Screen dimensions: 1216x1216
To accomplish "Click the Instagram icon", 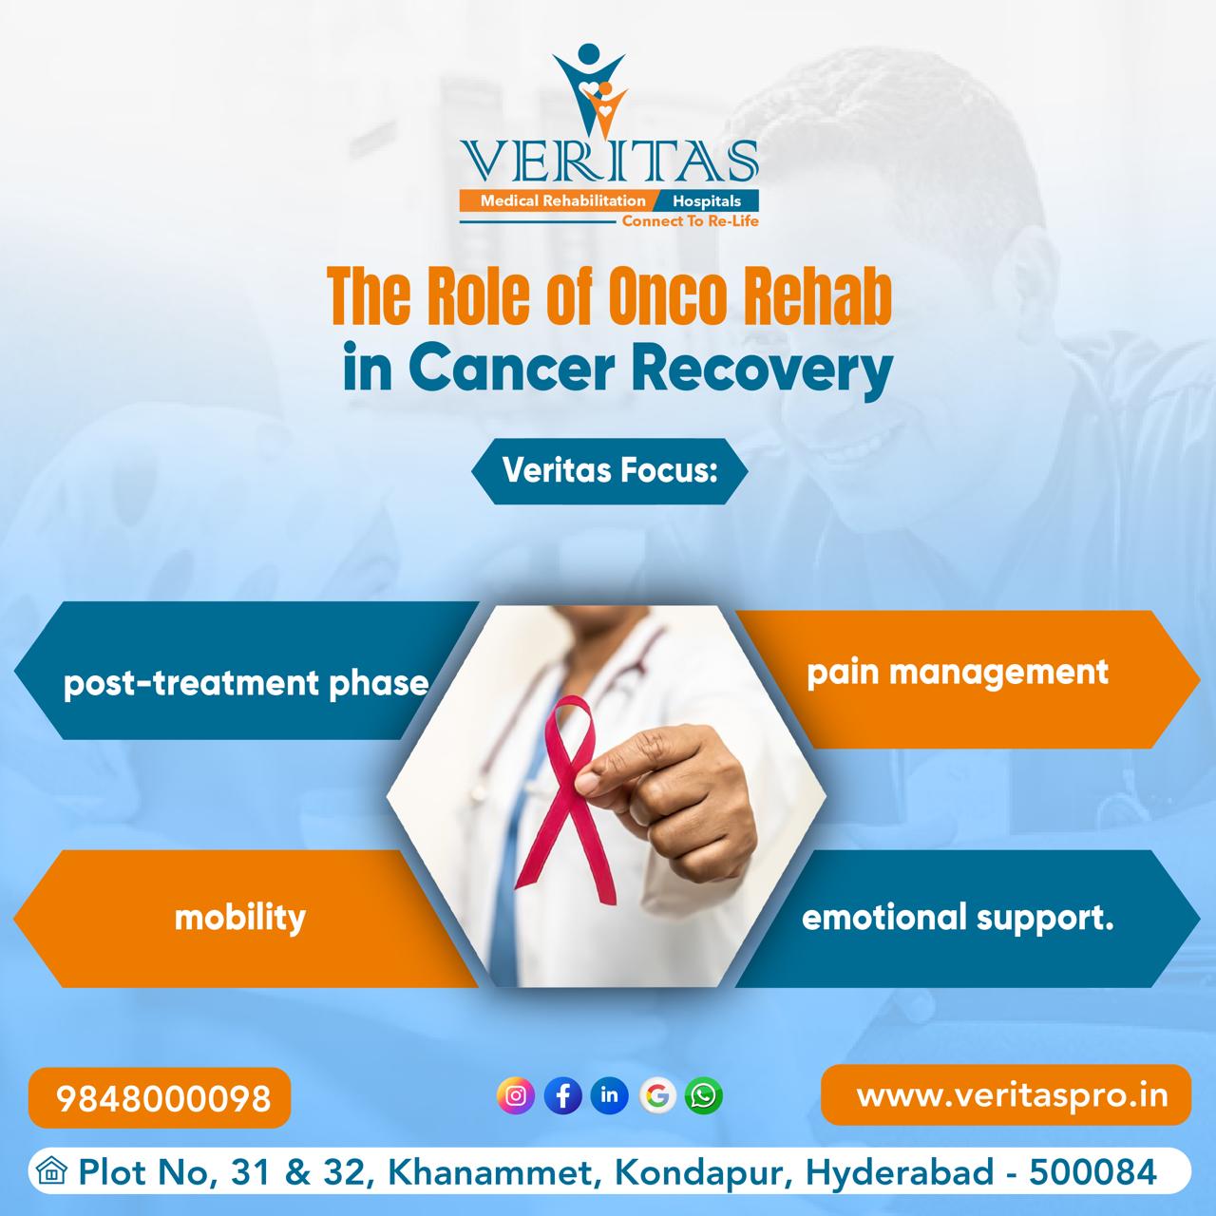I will (516, 1095).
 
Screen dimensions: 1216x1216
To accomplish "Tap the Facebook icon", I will (562, 1095).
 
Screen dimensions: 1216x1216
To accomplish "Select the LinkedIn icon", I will (609, 1095).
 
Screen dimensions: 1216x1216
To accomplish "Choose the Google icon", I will (656, 1095).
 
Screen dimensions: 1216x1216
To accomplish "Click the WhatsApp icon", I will (703, 1095).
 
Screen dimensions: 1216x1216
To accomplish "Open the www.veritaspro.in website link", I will (1012, 1094).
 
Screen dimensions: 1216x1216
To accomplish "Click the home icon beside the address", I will (52, 1172).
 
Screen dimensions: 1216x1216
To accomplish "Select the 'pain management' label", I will (958, 673).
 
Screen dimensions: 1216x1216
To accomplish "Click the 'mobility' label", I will (240, 918).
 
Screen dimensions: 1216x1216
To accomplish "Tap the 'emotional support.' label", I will (958, 919).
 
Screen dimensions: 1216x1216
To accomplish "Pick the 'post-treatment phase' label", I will (246, 683).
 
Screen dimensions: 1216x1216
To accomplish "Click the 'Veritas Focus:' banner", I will (609, 470).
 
